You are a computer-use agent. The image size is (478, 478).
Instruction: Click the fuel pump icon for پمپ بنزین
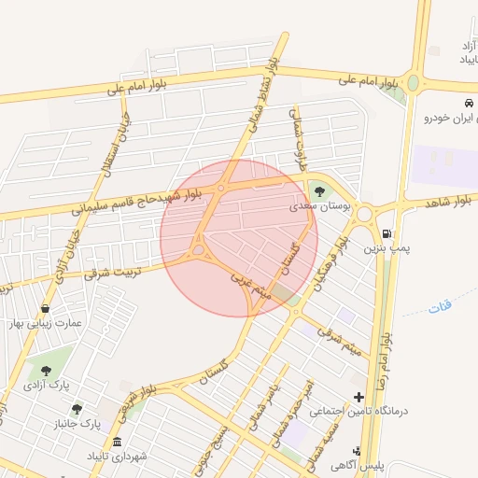click(x=387, y=233)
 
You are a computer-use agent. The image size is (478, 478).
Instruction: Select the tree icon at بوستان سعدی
click(x=320, y=191)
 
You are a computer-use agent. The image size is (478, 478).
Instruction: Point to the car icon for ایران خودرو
click(x=468, y=102)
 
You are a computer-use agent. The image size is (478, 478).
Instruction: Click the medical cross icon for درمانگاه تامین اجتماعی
click(x=358, y=397)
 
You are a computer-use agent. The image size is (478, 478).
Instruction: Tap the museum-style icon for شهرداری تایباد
click(x=117, y=442)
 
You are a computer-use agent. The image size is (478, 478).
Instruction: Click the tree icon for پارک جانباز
click(x=77, y=409)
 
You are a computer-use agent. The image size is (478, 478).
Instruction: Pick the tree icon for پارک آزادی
click(x=46, y=371)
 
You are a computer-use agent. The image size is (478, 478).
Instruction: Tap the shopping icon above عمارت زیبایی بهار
click(x=45, y=308)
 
